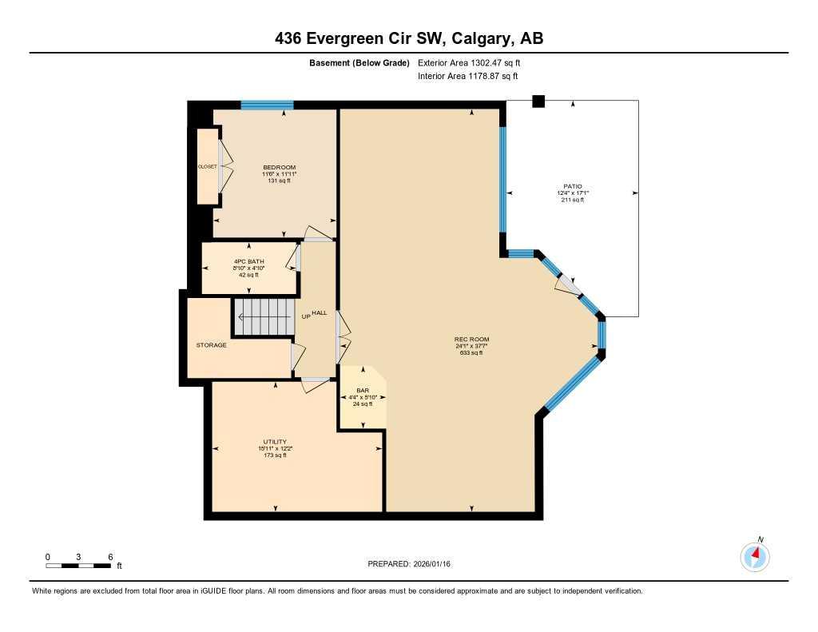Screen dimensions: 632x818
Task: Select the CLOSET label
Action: point(208,166)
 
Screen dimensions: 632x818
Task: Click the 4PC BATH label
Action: point(249,261)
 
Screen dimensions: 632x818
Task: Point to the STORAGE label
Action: point(212,345)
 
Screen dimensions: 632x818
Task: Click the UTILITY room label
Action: point(275,442)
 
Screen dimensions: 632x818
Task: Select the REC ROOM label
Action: point(471,340)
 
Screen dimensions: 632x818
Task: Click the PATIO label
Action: point(572,186)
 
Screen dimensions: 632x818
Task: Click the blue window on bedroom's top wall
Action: point(267,105)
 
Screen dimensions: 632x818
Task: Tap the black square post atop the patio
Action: point(538,101)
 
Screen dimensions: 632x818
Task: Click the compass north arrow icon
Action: point(755,554)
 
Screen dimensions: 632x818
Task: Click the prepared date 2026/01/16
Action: point(414,564)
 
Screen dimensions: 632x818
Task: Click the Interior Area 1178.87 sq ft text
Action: point(468,76)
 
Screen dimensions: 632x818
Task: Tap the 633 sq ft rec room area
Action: point(471,352)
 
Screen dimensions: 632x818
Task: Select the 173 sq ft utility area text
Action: point(275,455)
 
